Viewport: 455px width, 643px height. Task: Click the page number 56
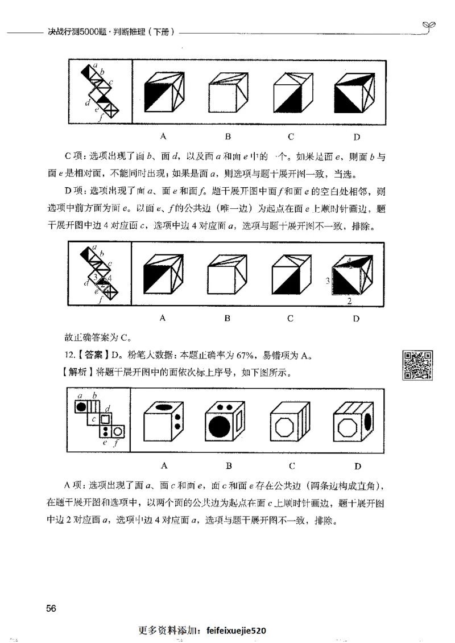(51, 608)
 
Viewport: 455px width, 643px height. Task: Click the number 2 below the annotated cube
(349, 300)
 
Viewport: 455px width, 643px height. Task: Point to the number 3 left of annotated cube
(328, 281)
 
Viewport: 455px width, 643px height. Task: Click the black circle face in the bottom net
(81, 406)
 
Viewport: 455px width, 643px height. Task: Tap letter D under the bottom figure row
(358, 467)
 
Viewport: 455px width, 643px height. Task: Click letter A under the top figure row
(163, 136)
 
